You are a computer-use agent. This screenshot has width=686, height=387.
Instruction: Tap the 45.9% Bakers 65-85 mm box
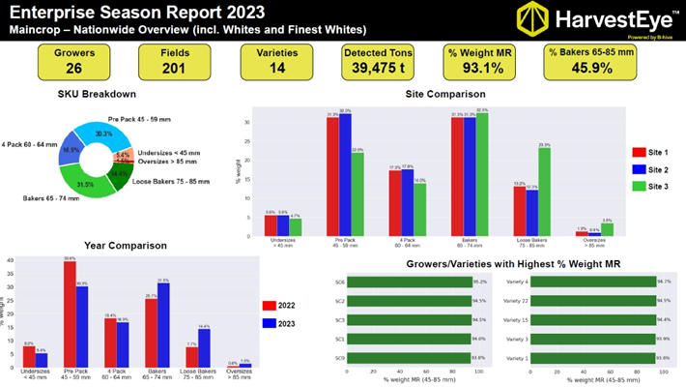pyautogui.click(x=586, y=63)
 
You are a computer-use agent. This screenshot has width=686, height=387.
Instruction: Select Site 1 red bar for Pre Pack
pyautogui.click(x=332, y=174)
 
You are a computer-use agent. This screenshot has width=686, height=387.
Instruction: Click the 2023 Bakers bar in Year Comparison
pyautogui.click(x=162, y=324)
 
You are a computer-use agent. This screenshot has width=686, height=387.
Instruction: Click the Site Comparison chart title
pyautogui.click(x=444, y=94)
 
